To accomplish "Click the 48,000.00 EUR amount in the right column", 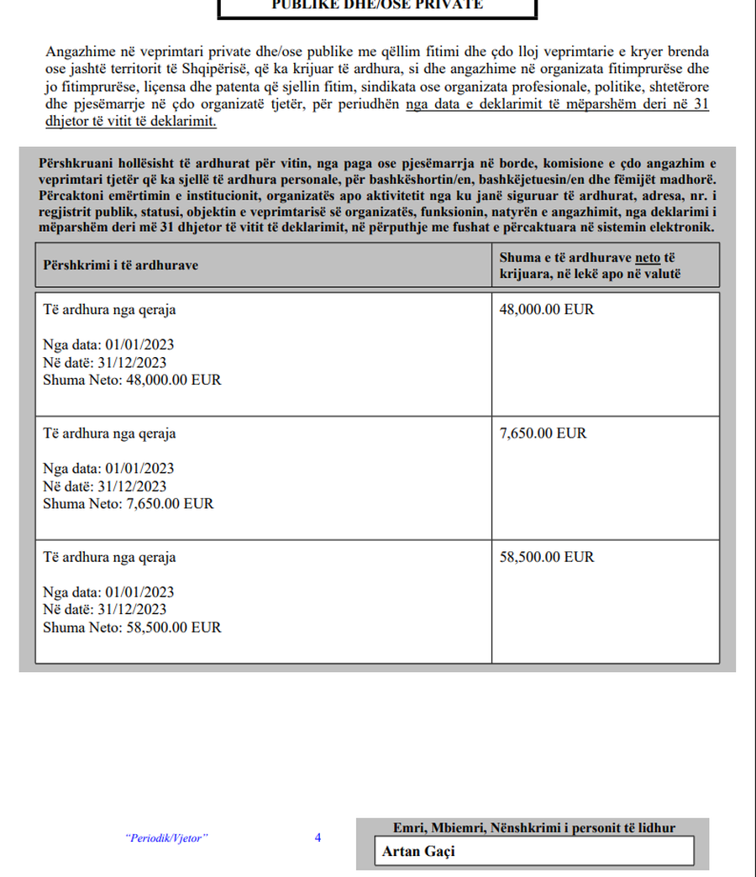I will point(546,309).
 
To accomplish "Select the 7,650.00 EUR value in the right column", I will point(543,433).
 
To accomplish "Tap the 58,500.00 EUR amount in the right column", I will point(546,557).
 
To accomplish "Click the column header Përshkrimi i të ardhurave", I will point(120,265).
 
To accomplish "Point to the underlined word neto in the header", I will point(648,258).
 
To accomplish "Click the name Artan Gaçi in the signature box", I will point(417,851).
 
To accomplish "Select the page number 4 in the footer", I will point(318,838).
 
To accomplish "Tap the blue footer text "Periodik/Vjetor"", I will point(165,838).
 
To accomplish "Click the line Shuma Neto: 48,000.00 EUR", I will point(132,381).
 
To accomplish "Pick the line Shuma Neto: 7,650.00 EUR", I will point(129,504).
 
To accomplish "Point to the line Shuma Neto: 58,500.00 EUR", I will point(132,628).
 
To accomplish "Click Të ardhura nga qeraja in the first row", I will point(109,309).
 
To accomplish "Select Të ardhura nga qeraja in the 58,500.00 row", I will point(109,557).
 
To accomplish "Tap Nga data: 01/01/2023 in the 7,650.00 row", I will point(108,468).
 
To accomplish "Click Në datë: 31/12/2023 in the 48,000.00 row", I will point(104,363).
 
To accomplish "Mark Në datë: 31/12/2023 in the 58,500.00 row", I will point(104,610).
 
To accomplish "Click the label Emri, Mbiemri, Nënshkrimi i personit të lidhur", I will point(533,828).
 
